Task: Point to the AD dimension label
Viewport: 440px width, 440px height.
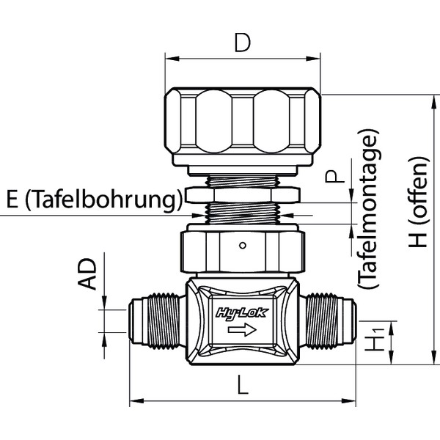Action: tap(89, 274)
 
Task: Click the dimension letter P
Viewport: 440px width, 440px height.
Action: tap(334, 177)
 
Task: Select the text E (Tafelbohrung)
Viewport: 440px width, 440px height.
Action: tap(93, 200)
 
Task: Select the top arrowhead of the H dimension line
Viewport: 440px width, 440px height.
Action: tap(425, 95)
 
